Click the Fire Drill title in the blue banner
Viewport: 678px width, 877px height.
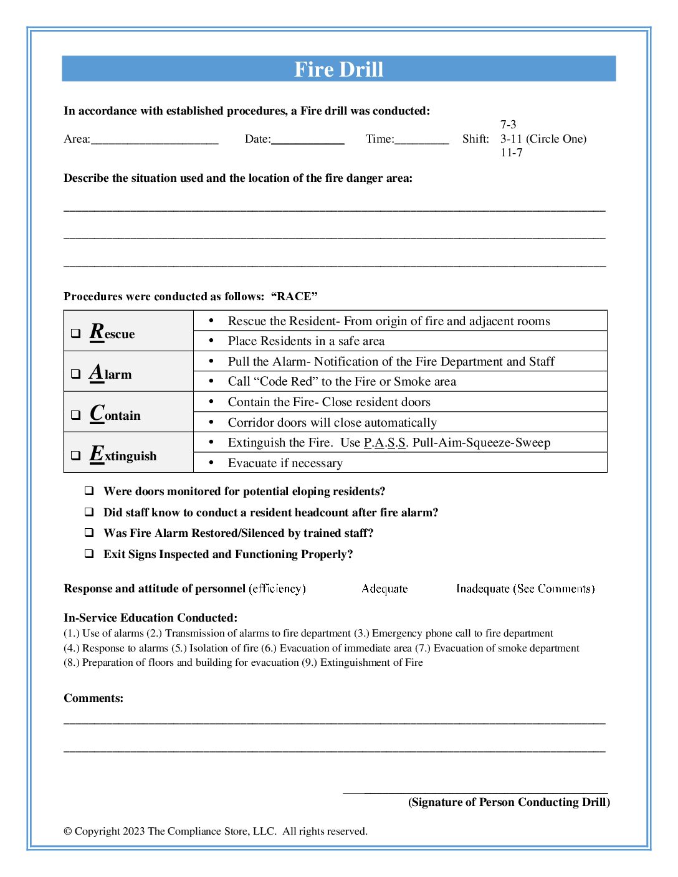click(x=338, y=69)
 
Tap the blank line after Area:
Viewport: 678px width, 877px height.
click(x=155, y=140)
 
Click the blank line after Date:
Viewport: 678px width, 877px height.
click(x=308, y=140)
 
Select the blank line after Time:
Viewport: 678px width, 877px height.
click(x=421, y=140)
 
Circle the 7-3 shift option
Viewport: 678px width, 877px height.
click(x=508, y=125)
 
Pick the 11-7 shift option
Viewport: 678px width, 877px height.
click(x=511, y=153)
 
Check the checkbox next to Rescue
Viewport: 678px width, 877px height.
click(x=75, y=334)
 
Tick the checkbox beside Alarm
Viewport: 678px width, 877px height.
click(x=75, y=374)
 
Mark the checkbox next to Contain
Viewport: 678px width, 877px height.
click(x=75, y=415)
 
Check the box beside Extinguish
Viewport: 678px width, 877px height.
click(x=75, y=455)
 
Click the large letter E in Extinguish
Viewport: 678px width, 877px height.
click(x=97, y=453)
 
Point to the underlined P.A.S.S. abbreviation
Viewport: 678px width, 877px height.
click(x=384, y=443)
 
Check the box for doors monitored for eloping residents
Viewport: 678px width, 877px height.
click(x=90, y=491)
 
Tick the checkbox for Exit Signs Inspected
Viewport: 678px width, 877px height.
click(x=90, y=554)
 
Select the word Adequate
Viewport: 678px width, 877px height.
click(x=384, y=589)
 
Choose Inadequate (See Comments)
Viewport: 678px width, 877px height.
click(x=525, y=589)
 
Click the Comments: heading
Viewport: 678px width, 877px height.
click(x=93, y=698)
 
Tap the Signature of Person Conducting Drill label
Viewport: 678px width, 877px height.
click(x=509, y=802)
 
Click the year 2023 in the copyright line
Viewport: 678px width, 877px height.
click(x=133, y=832)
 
